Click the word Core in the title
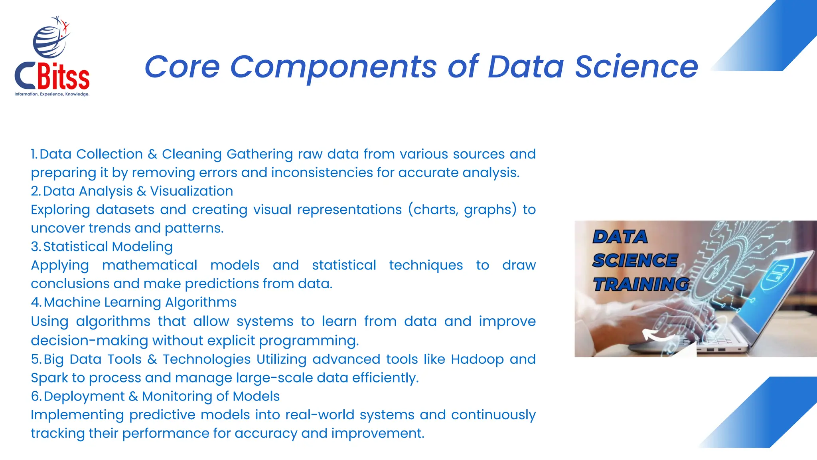(182, 67)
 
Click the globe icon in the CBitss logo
(49, 42)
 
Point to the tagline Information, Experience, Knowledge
(52, 94)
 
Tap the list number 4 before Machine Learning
(36, 302)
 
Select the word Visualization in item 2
(191, 191)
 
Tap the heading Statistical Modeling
(108, 247)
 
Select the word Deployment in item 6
(84, 397)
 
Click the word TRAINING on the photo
(641, 285)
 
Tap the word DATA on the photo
(620, 237)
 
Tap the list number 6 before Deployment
(36, 397)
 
